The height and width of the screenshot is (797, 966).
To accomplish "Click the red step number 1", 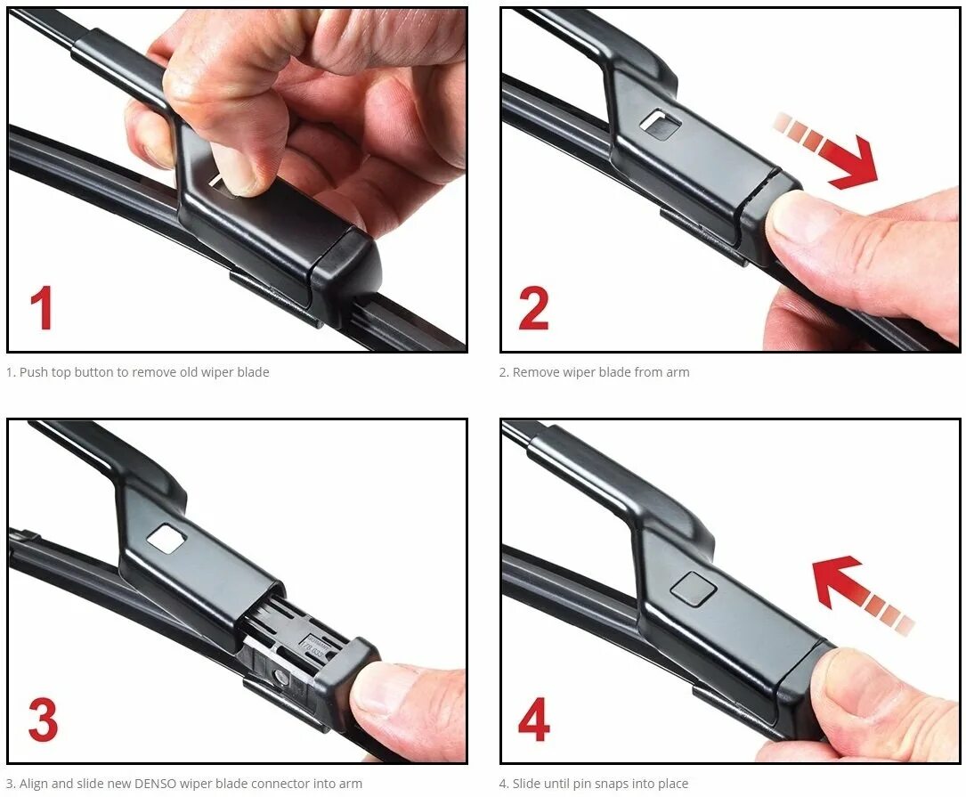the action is (41, 307).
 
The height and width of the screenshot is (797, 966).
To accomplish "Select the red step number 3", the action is (43, 719).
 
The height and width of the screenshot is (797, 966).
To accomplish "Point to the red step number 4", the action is (533, 719).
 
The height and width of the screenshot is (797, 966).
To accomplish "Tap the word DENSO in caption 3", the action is (155, 784).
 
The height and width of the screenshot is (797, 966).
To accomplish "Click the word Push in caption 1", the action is (33, 372).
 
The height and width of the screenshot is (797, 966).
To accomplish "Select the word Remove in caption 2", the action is (536, 372).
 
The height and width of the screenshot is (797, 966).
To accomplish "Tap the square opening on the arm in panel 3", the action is (167, 538).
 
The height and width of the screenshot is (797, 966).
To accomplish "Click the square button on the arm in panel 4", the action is (693, 587).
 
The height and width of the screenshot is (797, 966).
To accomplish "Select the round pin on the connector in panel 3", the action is (280, 678).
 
